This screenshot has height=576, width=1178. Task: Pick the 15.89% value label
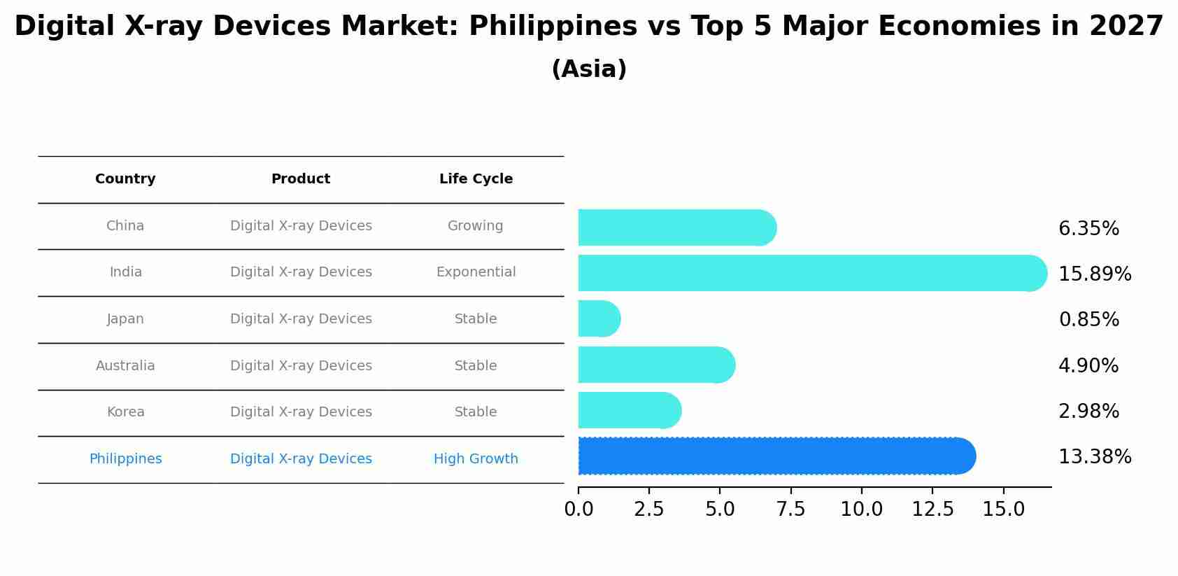[1095, 274]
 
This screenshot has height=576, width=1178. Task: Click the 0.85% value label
[1088, 320]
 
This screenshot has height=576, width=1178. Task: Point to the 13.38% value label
[1095, 457]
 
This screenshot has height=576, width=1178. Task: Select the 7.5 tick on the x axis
[790, 510]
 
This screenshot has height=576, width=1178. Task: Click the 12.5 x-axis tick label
[932, 510]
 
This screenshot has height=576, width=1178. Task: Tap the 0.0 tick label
[579, 510]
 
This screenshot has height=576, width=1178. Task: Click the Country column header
[125, 179]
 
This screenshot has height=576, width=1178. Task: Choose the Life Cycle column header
[476, 179]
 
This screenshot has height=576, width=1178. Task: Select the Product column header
[301, 179]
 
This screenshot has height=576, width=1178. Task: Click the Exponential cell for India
[476, 272]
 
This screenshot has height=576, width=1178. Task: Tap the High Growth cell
[476, 459]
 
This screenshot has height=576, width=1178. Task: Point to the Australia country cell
[125, 366]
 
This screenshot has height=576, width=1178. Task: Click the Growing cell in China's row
[476, 226]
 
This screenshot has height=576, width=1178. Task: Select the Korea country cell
[125, 412]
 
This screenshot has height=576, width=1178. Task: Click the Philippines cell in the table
[125, 459]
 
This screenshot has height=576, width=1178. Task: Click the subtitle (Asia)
[589, 69]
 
